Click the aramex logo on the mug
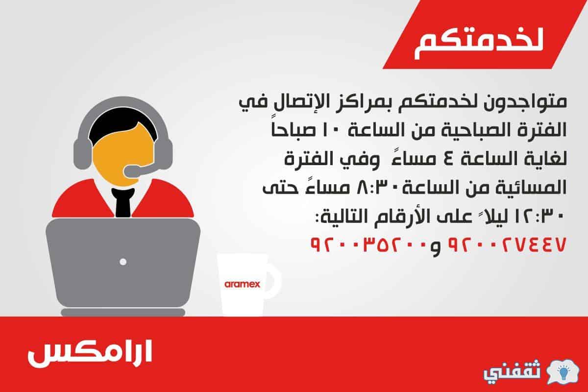tap(242, 284)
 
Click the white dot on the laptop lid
tap(123, 262)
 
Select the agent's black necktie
tap(123, 202)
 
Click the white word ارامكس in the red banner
tap(90, 353)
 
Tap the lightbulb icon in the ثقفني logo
tap(563, 373)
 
